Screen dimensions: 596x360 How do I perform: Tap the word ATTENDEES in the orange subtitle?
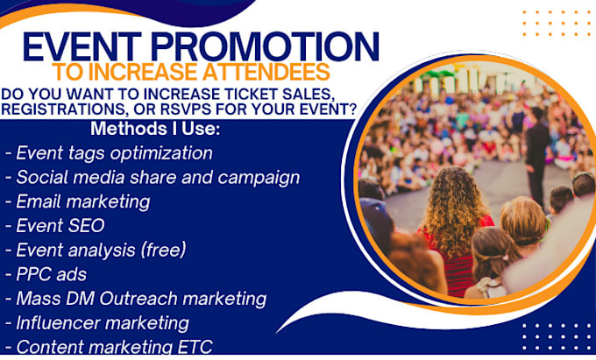[x=266, y=72]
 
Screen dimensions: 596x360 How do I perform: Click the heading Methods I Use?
[x=155, y=129]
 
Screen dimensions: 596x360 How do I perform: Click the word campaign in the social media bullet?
[x=259, y=178]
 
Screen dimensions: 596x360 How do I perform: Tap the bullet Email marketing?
[x=77, y=202]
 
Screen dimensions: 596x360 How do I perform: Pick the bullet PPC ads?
[x=46, y=274]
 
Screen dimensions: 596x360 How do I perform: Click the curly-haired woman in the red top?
[x=456, y=228]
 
